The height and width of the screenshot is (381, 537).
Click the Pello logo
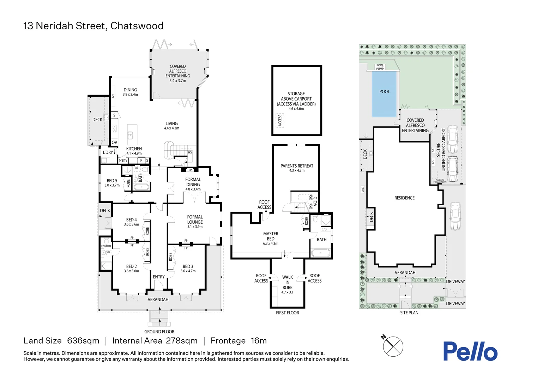pos(470,351)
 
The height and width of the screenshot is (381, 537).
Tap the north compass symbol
pos(393,346)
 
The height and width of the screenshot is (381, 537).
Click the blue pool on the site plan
pos(384,94)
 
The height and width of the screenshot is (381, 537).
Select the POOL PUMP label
pos(380,67)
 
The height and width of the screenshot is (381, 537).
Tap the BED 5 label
pos(112,181)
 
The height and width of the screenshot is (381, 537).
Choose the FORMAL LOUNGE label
pos(195,219)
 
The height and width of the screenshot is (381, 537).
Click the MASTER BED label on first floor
pos(271,236)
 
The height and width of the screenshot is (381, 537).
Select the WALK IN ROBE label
pos(288,282)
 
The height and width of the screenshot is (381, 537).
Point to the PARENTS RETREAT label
pos(297,166)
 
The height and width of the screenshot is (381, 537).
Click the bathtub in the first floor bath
pos(320,253)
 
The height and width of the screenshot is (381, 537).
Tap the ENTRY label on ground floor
pos(159,277)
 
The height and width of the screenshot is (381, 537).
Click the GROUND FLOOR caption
pos(159,332)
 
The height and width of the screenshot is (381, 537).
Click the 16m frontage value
pos(259,341)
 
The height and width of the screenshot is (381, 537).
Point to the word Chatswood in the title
pos(137,26)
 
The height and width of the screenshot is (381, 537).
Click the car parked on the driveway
pos(455,216)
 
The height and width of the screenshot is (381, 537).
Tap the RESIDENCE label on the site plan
pos(404,198)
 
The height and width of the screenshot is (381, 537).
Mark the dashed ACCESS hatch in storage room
pos(280,120)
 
